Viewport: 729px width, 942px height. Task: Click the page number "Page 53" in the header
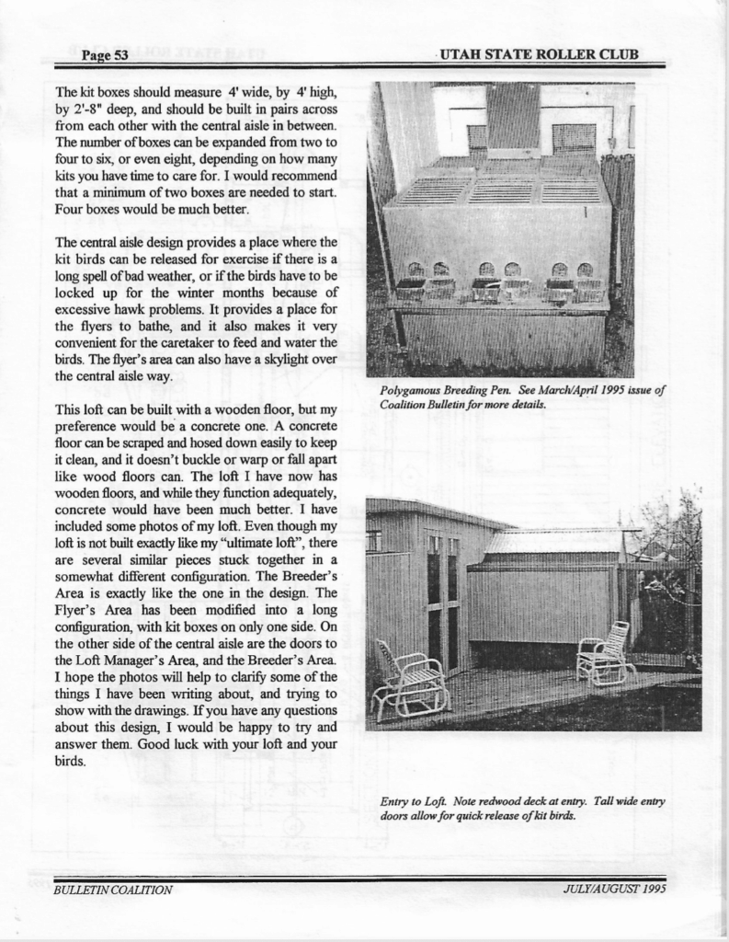tap(105, 55)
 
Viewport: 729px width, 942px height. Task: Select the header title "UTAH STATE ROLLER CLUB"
tap(539, 54)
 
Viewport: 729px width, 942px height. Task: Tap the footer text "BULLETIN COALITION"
tap(113, 890)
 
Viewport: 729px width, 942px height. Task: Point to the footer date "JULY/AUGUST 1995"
tap(614, 890)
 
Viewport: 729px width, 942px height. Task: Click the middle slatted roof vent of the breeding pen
tap(500, 191)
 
